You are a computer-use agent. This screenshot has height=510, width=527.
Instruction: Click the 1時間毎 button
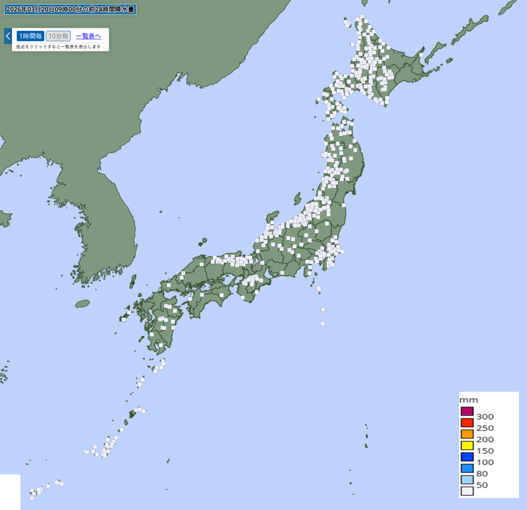coord(30,36)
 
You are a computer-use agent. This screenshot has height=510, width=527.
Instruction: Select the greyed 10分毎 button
coord(58,36)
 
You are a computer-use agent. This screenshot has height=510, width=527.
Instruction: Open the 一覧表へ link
coord(88,36)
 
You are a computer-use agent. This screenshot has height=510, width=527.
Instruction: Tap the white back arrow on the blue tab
coord(8,36)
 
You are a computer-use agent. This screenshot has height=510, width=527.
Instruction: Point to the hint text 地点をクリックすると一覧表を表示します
coord(59,47)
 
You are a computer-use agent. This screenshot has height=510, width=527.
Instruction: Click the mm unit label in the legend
coord(468,400)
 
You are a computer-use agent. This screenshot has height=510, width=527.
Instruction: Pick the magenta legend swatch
coord(467,412)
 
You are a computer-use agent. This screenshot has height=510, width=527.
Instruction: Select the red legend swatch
coord(467,423)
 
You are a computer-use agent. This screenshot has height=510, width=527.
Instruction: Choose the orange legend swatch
coord(467,434)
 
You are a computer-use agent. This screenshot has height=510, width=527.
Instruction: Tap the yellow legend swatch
coord(467,445)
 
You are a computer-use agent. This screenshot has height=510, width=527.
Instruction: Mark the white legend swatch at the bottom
coord(467,490)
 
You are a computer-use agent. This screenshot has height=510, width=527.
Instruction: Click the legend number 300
coord(485,416)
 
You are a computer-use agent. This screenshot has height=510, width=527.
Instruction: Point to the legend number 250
coord(485,428)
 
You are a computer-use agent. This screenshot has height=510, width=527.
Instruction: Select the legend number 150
coord(485,451)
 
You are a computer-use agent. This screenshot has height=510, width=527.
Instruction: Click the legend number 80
coord(482,473)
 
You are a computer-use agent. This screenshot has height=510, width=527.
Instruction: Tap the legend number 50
coord(482,484)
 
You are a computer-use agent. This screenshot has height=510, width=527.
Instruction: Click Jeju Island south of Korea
coord(82,304)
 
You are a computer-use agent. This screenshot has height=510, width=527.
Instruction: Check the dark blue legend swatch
coord(467,457)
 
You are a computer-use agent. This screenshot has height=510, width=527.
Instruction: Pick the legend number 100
coord(485,462)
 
